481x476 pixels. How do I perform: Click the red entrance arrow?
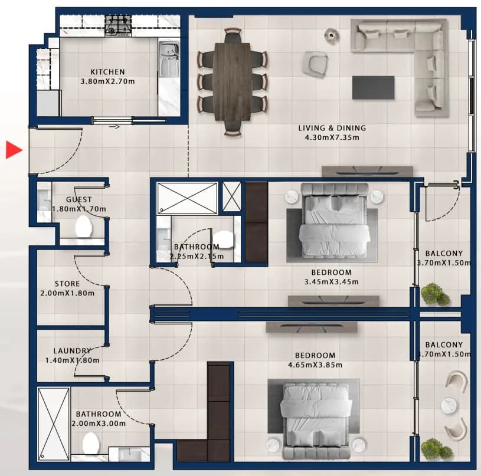pos(14,150)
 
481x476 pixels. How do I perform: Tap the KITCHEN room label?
pos(107,72)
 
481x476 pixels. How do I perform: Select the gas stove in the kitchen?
pos(118,26)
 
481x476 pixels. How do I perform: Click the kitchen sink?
pos(169,59)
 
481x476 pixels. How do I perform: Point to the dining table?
pos(232,82)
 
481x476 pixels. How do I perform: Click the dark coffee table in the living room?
pos(373,88)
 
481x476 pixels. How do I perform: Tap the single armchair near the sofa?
pos(315,64)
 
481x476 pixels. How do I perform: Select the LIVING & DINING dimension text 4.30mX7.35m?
pos(332,137)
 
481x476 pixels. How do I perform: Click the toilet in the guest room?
pos(84,226)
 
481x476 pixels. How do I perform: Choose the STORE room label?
pos(67,284)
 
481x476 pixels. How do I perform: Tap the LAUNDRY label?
pos(73,350)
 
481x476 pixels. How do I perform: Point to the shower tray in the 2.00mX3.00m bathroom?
pos(54,424)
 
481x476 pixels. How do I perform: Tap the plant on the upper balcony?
pos(435,294)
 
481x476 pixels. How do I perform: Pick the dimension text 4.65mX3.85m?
pos(315,365)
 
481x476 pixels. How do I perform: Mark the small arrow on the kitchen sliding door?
pos(114,126)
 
